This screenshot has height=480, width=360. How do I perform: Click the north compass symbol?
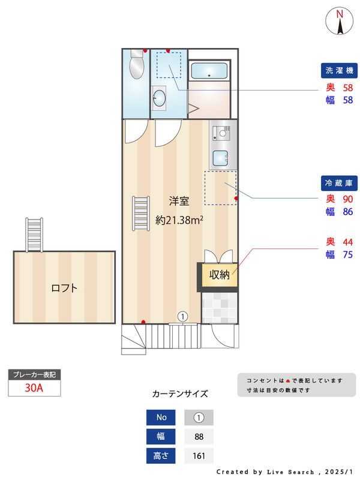click(x=340, y=22)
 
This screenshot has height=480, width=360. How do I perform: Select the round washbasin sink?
click(x=159, y=98)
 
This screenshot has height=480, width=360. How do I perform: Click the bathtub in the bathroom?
click(x=208, y=72)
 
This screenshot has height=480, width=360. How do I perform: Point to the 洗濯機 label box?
click(x=340, y=71)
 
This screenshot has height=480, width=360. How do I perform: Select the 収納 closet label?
click(x=218, y=275)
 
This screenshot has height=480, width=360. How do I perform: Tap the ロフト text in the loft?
click(x=64, y=288)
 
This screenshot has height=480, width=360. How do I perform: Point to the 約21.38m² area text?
click(x=178, y=220)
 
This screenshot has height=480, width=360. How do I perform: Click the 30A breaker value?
click(x=34, y=388)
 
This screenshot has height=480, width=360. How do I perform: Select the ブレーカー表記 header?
click(x=34, y=375)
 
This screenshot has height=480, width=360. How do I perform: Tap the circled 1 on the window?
click(x=183, y=316)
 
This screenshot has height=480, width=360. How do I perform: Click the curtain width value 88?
click(x=199, y=436)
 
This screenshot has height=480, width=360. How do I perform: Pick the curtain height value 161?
click(x=199, y=455)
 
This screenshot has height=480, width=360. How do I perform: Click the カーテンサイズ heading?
click(x=180, y=394)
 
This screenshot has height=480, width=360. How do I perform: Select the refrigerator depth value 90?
click(x=347, y=199)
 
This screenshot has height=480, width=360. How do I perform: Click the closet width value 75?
click(x=347, y=255)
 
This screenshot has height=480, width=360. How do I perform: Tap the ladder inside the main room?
click(x=140, y=214)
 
